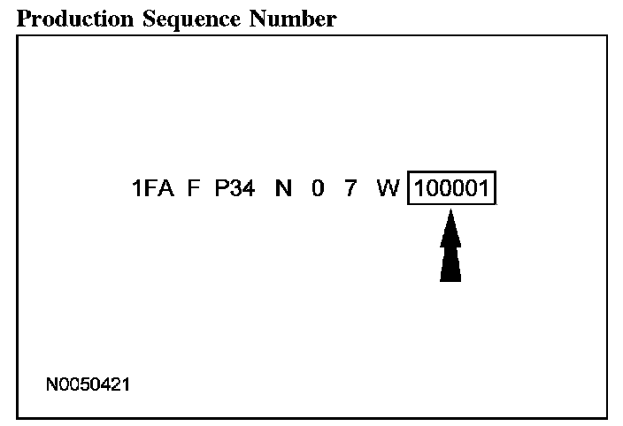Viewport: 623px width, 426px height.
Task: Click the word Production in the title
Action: (x=69, y=19)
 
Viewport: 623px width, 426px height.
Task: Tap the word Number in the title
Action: (x=285, y=19)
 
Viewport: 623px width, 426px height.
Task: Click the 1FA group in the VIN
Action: (x=153, y=188)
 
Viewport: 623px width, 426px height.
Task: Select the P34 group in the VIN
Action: (x=235, y=188)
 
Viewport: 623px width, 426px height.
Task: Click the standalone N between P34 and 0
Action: (x=283, y=188)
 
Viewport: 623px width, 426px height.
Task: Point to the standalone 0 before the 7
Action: (x=318, y=188)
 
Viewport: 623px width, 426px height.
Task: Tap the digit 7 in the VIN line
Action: (x=350, y=188)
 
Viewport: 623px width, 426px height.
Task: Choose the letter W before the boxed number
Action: (x=388, y=188)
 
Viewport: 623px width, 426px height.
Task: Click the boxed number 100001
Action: (x=452, y=188)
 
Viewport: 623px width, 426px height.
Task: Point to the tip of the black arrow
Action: (x=451, y=212)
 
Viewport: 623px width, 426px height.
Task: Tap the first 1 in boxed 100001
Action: (x=419, y=188)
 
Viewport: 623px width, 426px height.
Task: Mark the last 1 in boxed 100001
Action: (x=484, y=188)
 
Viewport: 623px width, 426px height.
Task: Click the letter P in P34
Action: (x=221, y=188)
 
